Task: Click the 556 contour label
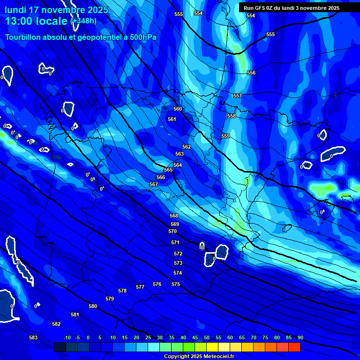point(251,73)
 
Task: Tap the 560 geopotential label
point(178,109)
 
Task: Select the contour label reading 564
point(178,165)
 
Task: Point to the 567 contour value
point(154,184)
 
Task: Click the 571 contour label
point(175,242)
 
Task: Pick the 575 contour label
point(176,284)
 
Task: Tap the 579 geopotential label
point(110,299)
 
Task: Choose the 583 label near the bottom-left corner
point(33,337)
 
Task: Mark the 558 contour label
point(232,116)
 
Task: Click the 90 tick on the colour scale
point(300,337)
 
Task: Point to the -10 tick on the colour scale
point(67,337)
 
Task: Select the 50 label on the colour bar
point(207,337)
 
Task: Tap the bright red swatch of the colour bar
point(294,347)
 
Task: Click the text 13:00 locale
point(36,21)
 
